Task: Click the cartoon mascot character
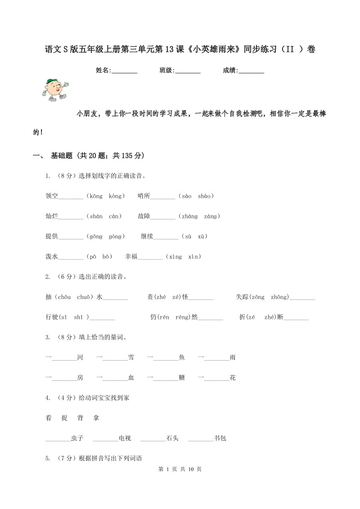(54, 89)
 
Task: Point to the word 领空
(52, 196)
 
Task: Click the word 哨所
(144, 196)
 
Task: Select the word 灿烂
(52, 216)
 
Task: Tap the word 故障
(144, 216)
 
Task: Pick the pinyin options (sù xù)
(195, 237)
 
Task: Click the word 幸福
(131, 257)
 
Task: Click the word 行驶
(52, 317)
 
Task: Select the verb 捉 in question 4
(64, 418)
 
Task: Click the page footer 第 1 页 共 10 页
(180, 469)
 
